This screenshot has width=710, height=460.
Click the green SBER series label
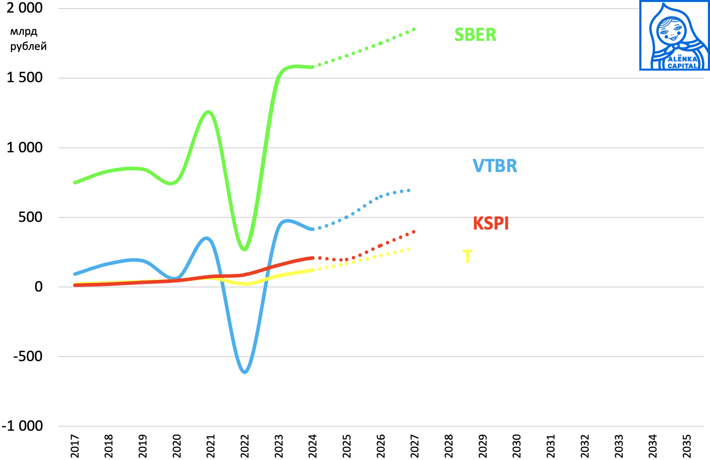pyautogui.click(x=475, y=35)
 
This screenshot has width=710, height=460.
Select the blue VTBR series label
pyautogui.click(x=494, y=166)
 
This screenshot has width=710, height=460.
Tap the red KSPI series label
pyautogui.click(x=490, y=223)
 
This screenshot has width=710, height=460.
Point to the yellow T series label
pyautogui.click(x=467, y=257)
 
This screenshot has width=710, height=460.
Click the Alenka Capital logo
pyautogui.click(x=674, y=35)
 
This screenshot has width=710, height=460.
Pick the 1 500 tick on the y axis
pyautogui.click(x=25, y=78)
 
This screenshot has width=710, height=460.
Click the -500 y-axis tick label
pyautogui.click(x=28, y=356)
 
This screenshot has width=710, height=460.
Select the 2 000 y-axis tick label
pyautogui.click(x=25, y=8)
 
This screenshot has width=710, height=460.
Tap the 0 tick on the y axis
pyautogui.click(x=38, y=287)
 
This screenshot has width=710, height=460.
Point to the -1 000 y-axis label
pyautogui.click(x=23, y=426)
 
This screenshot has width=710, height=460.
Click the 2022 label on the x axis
pyautogui.click(x=245, y=446)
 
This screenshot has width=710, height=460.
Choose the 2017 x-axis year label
pyautogui.click(x=75, y=446)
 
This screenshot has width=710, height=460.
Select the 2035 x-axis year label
pyautogui.click(x=687, y=446)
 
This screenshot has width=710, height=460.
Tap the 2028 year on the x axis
pyautogui.click(x=449, y=446)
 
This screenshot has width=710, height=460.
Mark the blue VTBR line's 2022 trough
pyautogui.click(x=245, y=372)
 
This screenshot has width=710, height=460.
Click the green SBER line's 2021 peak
pyautogui.click(x=209, y=111)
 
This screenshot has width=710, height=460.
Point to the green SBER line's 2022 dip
pyautogui.click(x=244, y=249)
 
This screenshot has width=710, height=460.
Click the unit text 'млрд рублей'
pyautogui.click(x=28, y=39)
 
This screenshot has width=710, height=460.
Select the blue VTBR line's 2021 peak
pyautogui.click(x=207, y=238)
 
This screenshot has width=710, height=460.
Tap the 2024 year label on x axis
pyautogui.click(x=313, y=446)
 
